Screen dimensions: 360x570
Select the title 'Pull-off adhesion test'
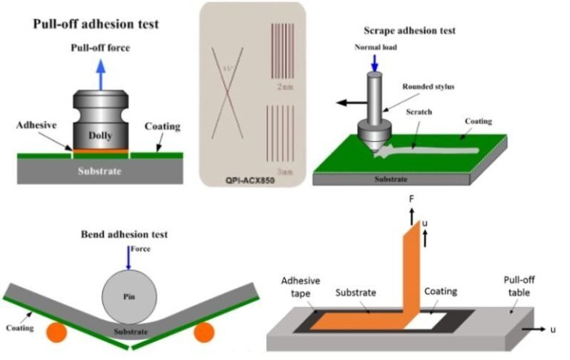[95, 24]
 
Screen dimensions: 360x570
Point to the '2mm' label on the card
[283, 87]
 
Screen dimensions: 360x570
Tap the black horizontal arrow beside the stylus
[350, 102]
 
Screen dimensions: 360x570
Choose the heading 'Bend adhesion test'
[124, 235]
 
